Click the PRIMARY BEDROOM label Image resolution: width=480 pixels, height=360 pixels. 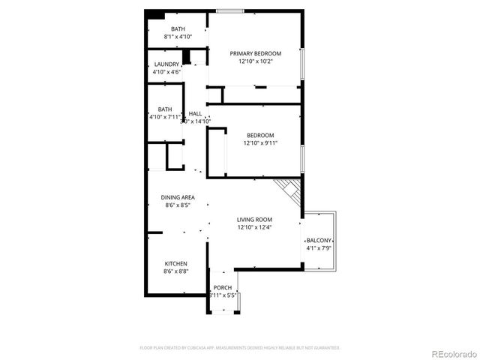coord(255,53)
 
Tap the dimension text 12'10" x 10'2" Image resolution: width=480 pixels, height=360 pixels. coord(255,61)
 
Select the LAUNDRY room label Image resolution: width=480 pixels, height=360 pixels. coord(166,64)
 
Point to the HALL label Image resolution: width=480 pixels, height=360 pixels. coord(195,112)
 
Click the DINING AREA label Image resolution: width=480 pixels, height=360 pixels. coord(178,197)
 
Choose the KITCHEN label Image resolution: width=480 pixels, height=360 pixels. coord(176,263)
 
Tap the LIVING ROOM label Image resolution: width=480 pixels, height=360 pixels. coord(255,219)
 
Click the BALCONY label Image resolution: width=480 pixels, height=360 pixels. coord(319,240)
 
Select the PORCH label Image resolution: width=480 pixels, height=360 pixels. coord(223,288)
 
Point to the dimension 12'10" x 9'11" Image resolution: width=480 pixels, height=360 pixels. coord(260,143)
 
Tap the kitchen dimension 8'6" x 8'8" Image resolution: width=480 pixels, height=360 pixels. coord(176,271)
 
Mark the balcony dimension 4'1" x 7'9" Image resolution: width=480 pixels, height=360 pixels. coord(319,248)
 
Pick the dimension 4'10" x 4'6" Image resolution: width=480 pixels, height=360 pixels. coord(166,73)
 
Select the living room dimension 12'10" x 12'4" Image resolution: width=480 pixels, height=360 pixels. coord(255,227)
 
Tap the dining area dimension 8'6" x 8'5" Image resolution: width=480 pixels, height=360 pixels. coord(178,205)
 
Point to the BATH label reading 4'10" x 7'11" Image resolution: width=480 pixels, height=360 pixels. coord(164,109)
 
